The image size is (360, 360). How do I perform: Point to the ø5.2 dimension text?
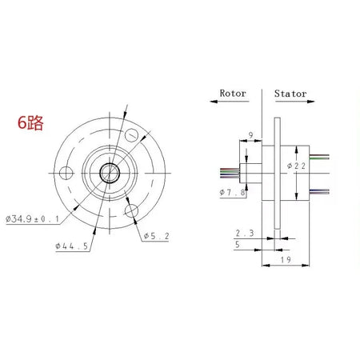[x=156, y=236]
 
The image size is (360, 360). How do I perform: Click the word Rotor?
[x=234, y=93]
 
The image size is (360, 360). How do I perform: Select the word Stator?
[x=290, y=93]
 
